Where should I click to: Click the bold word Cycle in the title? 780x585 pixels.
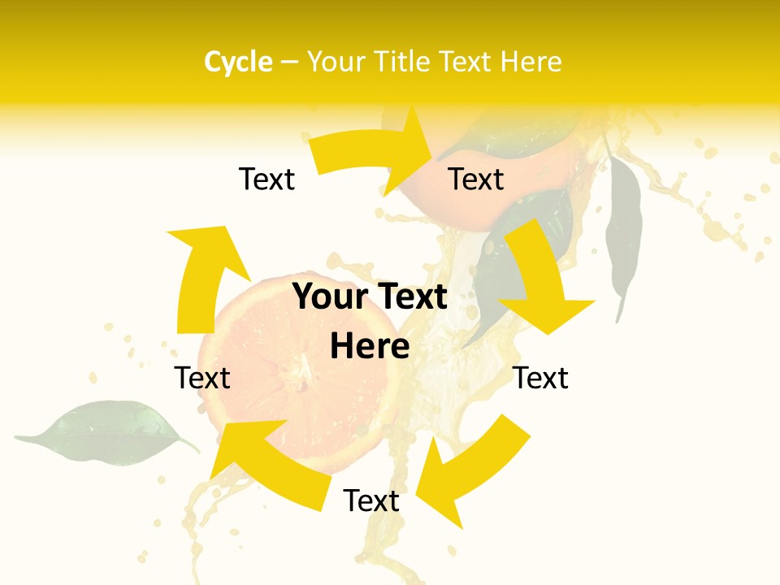pyautogui.click(x=238, y=62)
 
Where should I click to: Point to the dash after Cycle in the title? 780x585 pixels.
pyautogui.click(x=289, y=63)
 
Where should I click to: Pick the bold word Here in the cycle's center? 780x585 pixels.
pyautogui.click(x=370, y=347)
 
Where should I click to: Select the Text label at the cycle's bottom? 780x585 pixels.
pyautogui.click(x=371, y=500)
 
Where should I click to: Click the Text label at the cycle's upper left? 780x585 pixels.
pyautogui.click(x=266, y=179)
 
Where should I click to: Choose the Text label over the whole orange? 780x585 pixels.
pyautogui.click(x=476, y=179)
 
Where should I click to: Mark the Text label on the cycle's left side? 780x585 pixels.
pyautogui.click(x=203, y=378)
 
